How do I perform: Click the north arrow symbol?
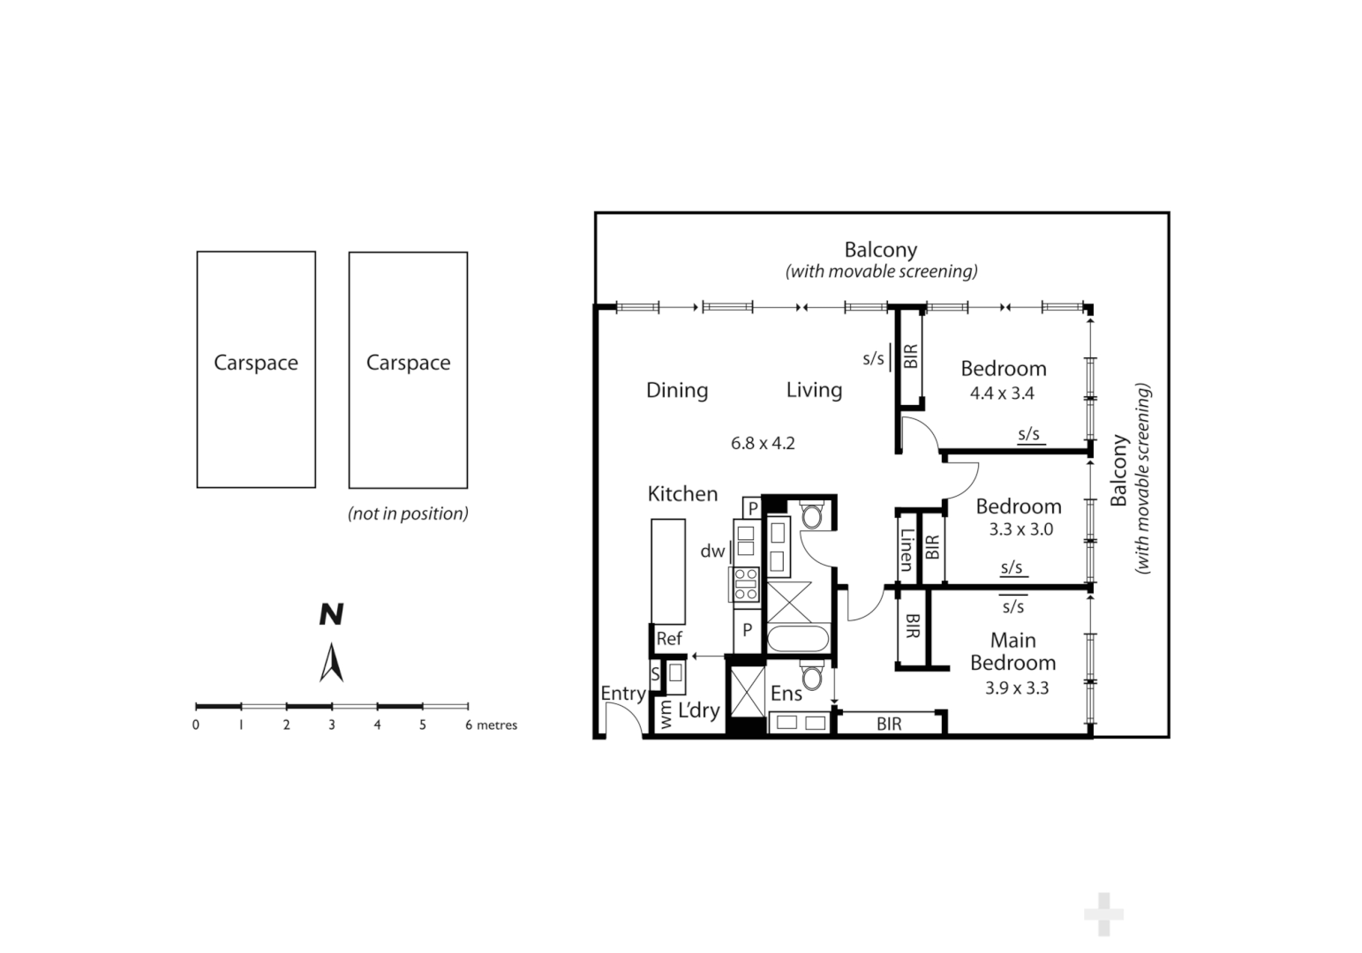pos(331,662)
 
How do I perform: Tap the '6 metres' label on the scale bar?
pos(492,725)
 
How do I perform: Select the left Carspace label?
pos(256,363)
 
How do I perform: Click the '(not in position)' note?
pos(408,514)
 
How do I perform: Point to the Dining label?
pos(677,390)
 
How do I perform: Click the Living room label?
pos(814,390)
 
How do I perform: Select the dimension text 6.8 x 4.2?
pos(763,443)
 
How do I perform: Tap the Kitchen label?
pos(682,494)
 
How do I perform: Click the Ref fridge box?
pos(668,639)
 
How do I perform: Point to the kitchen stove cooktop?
pos(746,584)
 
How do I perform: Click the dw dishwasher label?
pos(711,552)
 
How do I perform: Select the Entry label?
pos(622,694)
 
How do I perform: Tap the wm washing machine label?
pos(666,715)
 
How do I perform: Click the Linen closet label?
pos(907,549)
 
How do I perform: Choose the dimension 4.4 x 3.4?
pos(1002,394)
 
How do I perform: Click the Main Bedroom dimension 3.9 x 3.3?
pos(1017,688)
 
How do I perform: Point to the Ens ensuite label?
pos(786,694)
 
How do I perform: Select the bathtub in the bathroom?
pos(798,638)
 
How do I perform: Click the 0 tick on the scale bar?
pos(196,724)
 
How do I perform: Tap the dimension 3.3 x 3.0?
pos(1020,529)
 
